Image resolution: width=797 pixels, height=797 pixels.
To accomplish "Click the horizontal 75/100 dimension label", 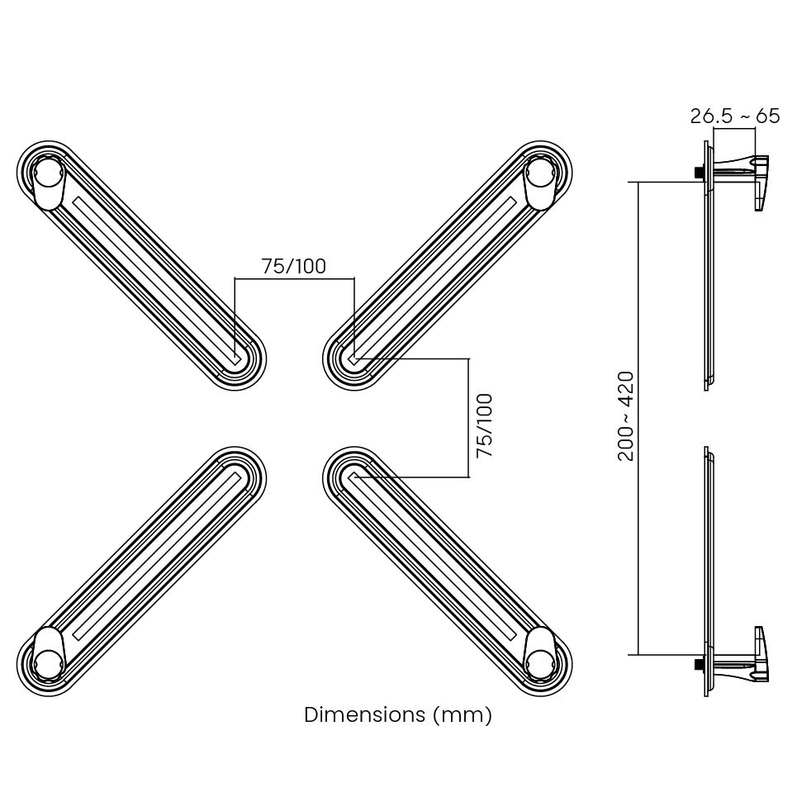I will (x=293, y=266).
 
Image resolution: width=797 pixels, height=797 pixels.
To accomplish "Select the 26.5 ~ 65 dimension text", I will (x=734, y=116).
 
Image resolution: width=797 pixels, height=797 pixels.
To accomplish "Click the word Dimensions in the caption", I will (x=365, y=714).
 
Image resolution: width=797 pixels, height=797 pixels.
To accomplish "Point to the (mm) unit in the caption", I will (x=463, y=714).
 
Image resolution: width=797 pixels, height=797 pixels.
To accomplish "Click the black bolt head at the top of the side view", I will (x=699, y=173).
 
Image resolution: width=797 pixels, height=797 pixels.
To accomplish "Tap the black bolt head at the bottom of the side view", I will (x=699, y=662).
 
